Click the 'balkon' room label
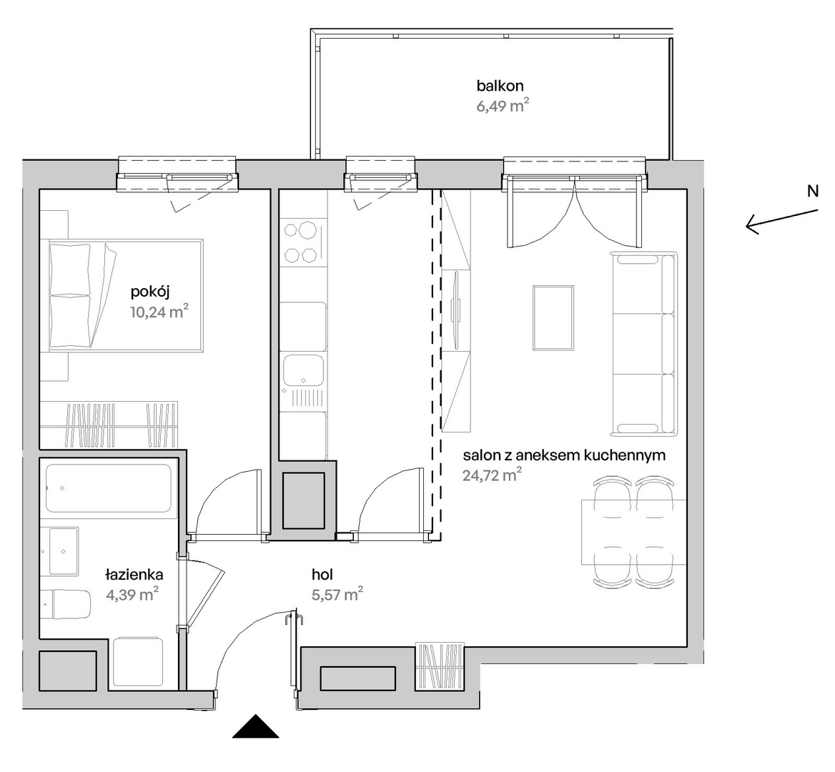[x=500, y=86]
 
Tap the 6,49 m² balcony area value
[x=503, y=105]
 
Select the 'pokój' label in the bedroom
[x=150, y=292]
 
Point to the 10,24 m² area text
[x=159, y=312]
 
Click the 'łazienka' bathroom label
[x=134, y=575]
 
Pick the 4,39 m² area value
[x=132, y=594]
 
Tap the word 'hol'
[x=322, y=575]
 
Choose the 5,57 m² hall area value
[x=337, y=593]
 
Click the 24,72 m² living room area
[x=492, y=475]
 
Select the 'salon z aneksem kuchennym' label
[x=564, y=456]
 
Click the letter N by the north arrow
[x=813, y=191]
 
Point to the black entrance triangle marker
[x=256, y=726]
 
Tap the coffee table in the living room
[x=553, y=318]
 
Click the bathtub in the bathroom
[x=109, y=489]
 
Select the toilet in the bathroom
[x=66, y=604]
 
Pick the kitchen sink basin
[x=304, y=370]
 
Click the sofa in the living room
[x=644, y=344]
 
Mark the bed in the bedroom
[x=126, y=295]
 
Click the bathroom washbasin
[x=64, y=551]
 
